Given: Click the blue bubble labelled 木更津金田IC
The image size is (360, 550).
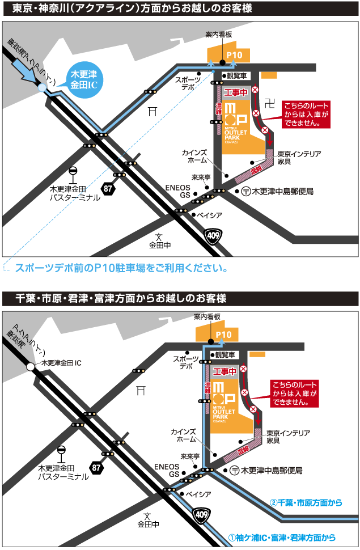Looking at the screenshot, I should point(83,81).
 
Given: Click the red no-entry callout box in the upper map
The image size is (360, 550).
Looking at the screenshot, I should point(306,115).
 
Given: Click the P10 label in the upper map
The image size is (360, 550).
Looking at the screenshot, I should point(234,55).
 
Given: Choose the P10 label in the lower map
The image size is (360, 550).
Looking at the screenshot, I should point(223,335).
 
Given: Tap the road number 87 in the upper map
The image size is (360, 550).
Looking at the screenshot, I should point(108,188).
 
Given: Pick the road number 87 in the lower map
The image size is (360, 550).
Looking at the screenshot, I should point(96,468).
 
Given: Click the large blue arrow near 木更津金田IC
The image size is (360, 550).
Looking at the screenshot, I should point(26,68).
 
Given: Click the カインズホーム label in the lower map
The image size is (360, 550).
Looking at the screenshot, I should point(183,436).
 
